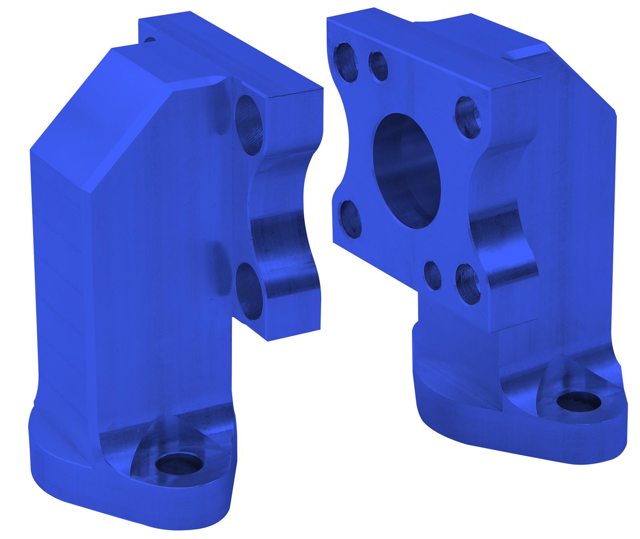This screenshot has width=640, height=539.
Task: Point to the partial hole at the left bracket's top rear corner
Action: point(150,40)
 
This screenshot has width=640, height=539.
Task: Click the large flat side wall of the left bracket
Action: point(132,280)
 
